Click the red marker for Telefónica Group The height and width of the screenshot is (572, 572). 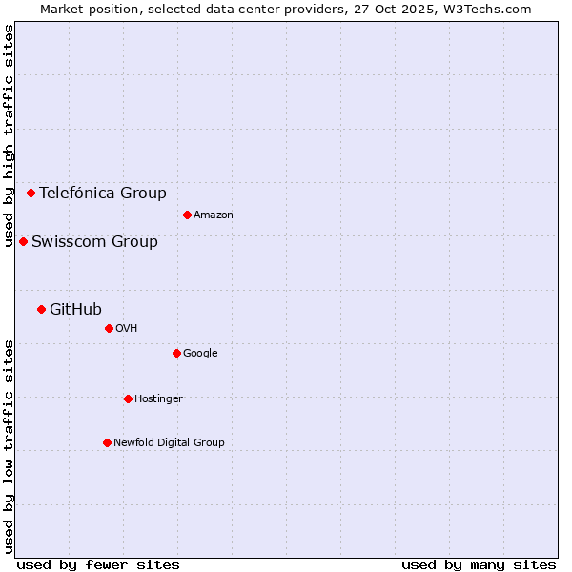31,193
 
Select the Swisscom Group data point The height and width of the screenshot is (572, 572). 23,241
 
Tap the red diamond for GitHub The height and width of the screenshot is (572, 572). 41,309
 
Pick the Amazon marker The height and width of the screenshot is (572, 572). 187,214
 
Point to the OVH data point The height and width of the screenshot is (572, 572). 109,328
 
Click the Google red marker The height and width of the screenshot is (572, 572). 176,353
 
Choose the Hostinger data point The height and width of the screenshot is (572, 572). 128,398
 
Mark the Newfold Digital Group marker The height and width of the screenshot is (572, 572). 107,442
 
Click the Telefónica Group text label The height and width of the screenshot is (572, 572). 103,193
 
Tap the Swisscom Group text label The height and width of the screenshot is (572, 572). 94,241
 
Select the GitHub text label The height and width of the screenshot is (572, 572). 75,309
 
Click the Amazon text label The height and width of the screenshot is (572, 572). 214,214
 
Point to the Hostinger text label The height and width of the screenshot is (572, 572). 158,398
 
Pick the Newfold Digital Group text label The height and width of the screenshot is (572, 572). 169,442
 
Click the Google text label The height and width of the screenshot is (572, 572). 200,353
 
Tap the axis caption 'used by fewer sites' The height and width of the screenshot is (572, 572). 98,564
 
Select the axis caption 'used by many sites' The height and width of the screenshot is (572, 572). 479,564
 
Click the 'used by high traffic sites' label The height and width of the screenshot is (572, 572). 9,135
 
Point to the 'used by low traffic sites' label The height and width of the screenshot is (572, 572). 9,446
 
